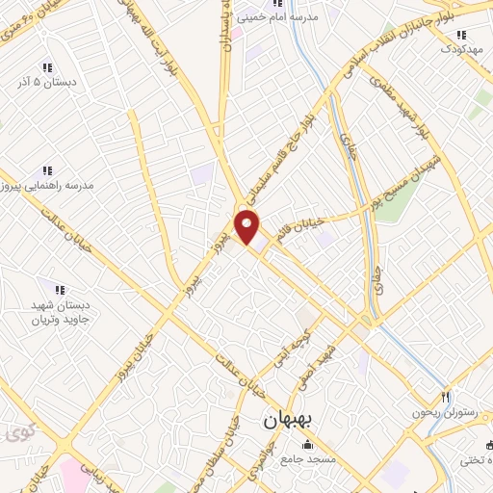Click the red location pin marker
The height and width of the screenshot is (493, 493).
(x=248, y=226)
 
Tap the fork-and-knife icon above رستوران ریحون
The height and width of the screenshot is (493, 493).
(x=445, y=397)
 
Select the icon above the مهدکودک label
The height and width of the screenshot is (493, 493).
(x=460, y=36)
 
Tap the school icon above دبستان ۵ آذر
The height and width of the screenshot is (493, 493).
(x=45, y=68)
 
